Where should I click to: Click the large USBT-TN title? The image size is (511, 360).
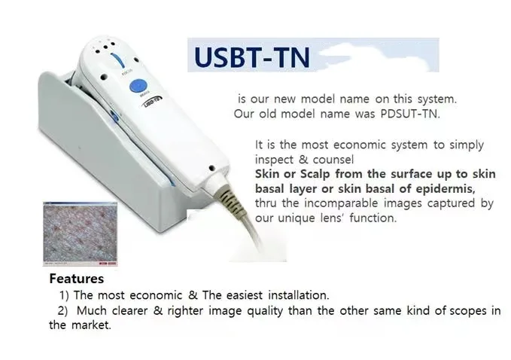pyautogui.click(x=251, y=57)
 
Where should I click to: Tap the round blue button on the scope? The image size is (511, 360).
pyautogui.click(x=138, y=86)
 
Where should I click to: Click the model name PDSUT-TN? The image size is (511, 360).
pyautogui.click(x=410, y=114)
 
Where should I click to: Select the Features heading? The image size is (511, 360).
pyautogui.click(x=77, y=279)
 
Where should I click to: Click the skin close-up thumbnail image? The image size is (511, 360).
pyautogui.click(x=81, y=233)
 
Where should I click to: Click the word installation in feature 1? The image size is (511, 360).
pyautogui.click(x=299, y=295)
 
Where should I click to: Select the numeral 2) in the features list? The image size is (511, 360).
pyautogui.click(x=62, y=311)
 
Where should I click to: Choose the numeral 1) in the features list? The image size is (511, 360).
pyautogui.click(x=64, y=295)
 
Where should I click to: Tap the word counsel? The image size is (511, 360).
pyautogui.click(x=333, y=160)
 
